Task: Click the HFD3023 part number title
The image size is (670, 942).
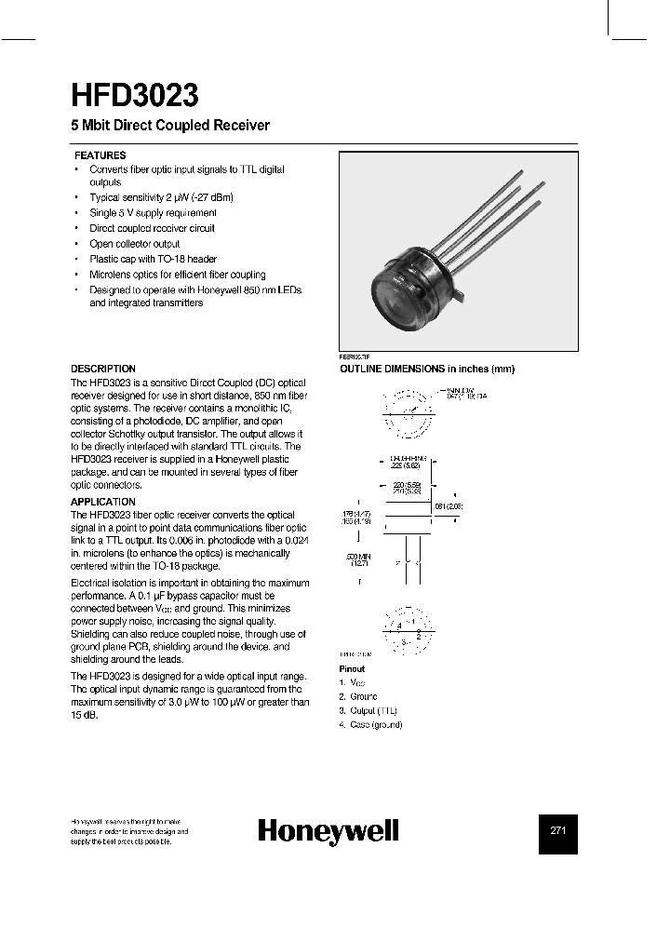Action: tap(134, 97)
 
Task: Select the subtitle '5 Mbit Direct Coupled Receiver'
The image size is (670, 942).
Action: tap(170, 126)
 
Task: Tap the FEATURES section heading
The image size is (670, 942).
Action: tap(100, 155)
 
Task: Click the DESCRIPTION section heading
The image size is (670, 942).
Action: tap(103, 369)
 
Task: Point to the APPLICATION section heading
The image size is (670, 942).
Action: tap(103, 502)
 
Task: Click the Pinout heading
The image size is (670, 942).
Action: tap(352, 669)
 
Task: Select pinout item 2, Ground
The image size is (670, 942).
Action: tap(358, 696)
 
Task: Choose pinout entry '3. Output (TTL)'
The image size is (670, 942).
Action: tap(368, 710)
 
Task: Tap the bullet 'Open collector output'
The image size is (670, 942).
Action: tap(134, 244)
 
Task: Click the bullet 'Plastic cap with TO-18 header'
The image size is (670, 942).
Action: tap(153, 259)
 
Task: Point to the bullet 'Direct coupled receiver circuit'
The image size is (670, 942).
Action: tap(152, 228)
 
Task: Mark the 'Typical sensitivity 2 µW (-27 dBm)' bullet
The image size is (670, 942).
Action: tap(160, 198)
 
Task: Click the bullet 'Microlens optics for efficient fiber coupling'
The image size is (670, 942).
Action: tap(177, 275)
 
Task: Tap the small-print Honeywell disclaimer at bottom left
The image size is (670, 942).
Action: tap(129, 831)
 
